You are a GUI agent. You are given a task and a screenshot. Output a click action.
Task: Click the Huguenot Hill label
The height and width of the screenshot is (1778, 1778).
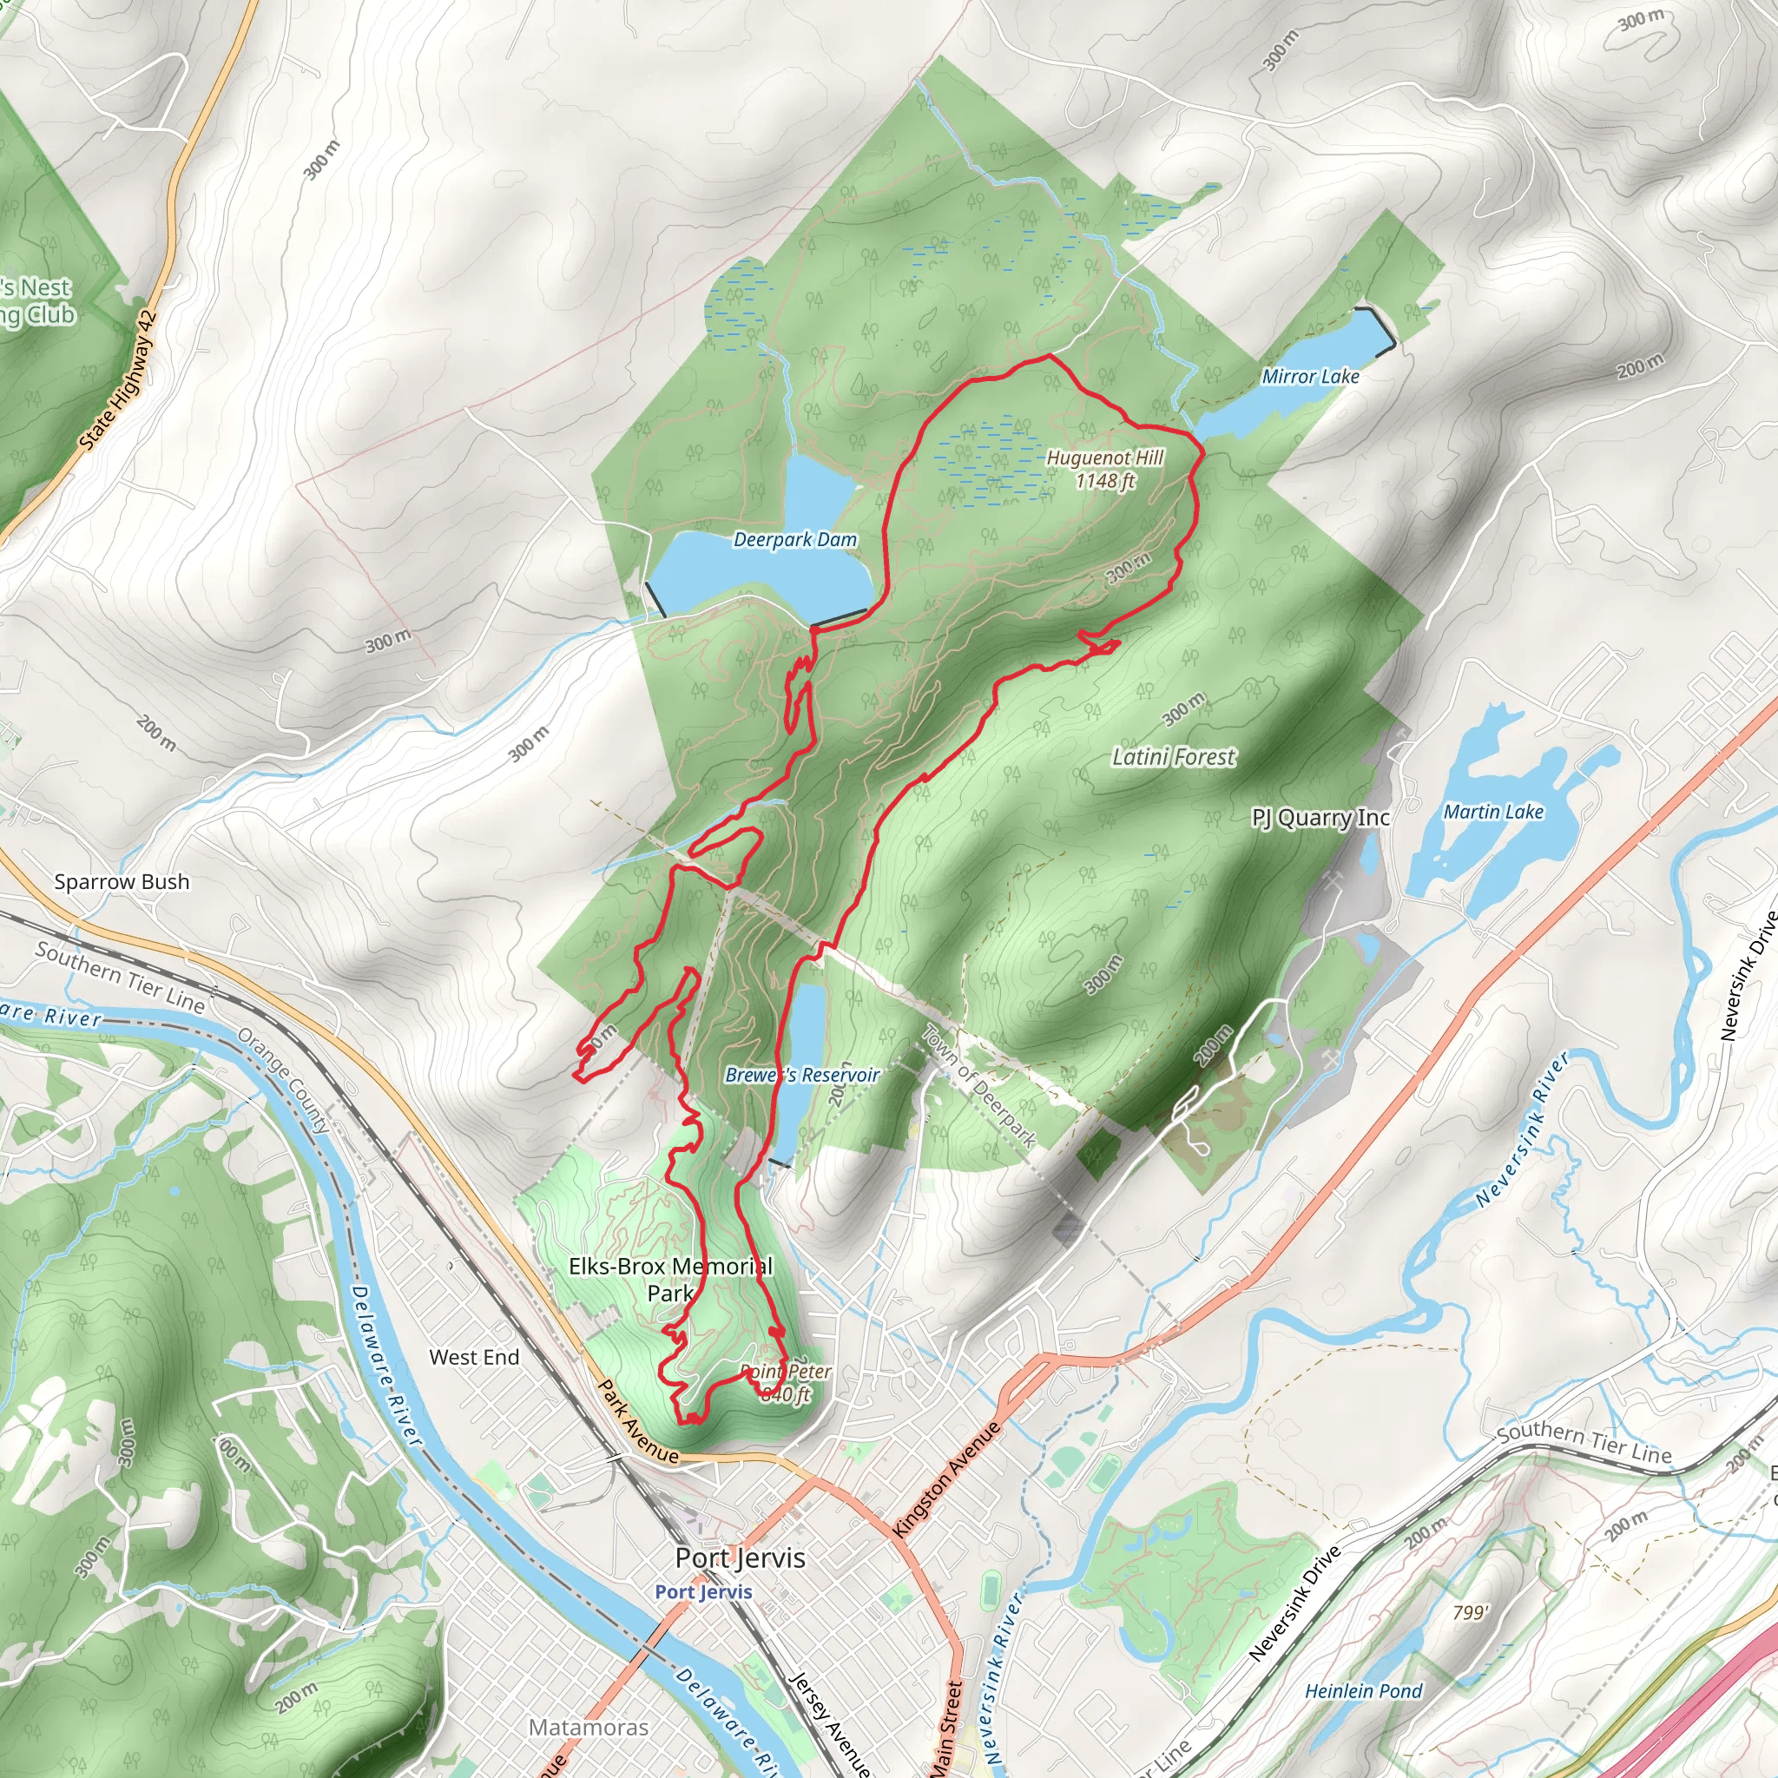1105,469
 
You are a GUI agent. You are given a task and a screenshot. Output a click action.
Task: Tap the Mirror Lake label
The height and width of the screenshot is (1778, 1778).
1309,377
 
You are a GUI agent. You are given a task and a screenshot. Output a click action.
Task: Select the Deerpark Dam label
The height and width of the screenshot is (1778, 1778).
794,540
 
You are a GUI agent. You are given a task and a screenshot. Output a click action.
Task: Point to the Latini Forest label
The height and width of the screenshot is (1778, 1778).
1174,756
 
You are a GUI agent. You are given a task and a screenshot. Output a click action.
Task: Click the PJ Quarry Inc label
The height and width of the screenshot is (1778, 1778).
1320,817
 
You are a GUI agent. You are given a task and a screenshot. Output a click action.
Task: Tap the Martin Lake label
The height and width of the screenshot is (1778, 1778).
1492,812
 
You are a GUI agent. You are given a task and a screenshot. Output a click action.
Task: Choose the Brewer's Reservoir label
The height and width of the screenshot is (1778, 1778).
801,1075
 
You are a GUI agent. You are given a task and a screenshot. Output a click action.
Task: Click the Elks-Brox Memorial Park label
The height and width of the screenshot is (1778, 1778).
670,1279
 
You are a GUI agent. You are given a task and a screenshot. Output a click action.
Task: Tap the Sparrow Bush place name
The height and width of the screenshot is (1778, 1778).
122,882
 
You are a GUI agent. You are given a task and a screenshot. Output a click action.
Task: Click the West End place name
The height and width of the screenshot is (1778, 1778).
474,1357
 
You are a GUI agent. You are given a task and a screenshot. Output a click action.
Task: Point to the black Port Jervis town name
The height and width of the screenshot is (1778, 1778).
740,1558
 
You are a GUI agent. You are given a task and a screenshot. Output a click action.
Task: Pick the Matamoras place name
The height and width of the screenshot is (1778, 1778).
588,1728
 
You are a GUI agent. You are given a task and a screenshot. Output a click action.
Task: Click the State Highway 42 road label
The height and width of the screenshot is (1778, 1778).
119,380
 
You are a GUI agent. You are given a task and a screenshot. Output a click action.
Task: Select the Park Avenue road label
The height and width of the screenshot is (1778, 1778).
639,1421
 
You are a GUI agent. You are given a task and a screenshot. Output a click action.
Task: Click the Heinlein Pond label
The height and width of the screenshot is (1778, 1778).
1363,1690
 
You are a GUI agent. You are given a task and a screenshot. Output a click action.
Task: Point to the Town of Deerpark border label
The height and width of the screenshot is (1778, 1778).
979,1086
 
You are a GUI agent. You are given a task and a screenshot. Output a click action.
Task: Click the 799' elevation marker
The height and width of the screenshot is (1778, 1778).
1470,1611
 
